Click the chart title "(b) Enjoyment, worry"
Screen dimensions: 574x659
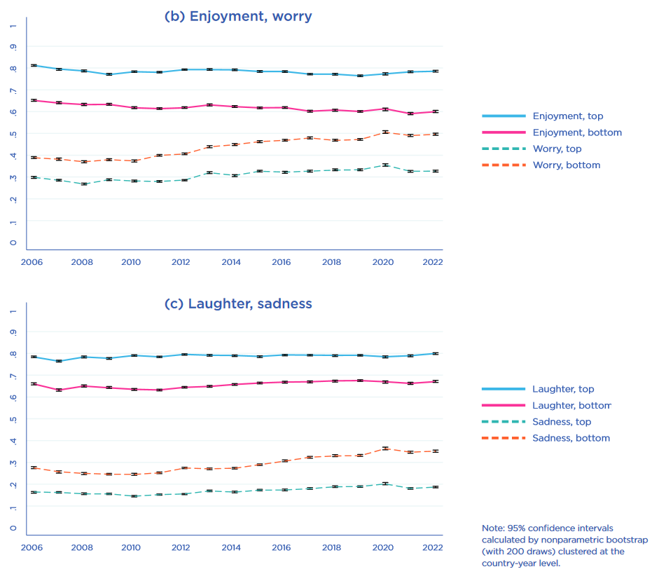(237, 16)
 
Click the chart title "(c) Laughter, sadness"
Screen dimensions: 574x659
(237, 303)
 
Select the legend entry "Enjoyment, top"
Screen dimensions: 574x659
(567, 116)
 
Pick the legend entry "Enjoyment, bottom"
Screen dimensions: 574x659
(576, 132)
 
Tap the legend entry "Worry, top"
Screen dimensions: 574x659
(557, 149)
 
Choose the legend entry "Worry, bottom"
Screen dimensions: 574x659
(566, 165)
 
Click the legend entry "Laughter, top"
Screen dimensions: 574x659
(562, 389)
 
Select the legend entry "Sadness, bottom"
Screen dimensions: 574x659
(571, 438)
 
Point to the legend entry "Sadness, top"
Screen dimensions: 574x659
(562, 422)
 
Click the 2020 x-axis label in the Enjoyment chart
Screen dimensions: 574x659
(383, 262)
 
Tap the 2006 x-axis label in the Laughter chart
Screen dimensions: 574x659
(33, 547)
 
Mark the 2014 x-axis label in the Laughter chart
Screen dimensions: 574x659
(231, 547)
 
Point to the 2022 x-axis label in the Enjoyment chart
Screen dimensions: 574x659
(433, 262)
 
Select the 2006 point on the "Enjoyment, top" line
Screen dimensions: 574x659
(34, 65)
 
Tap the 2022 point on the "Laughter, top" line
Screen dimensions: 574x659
(435, 353)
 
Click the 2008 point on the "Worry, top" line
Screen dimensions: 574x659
(83, 184)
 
